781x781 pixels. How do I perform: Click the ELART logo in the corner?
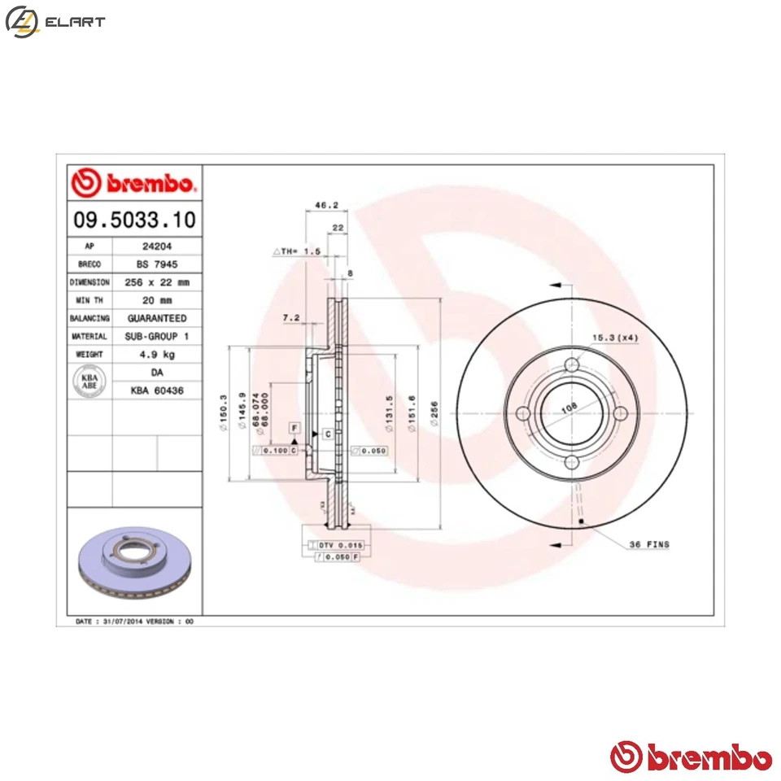(55, 22)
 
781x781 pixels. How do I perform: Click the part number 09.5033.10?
(134, 220)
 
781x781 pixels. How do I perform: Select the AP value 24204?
(156, 246)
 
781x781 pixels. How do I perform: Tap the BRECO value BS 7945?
(156, 264)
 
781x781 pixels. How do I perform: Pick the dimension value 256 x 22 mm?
(156, 282)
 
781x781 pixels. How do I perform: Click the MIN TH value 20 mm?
(156, 300)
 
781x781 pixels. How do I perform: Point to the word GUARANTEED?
(156, 318)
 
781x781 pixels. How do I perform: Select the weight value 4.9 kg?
(156, 355)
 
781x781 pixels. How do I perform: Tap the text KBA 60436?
(156, 391)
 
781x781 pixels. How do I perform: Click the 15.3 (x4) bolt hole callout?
(615, 337)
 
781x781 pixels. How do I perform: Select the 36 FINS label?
(649, 544)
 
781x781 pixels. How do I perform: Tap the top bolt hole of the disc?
(572, 364)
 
